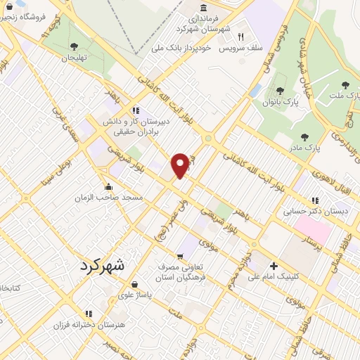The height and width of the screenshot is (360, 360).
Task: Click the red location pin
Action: click(x=181, y=165)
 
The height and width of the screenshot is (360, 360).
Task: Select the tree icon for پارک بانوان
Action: click(x=281, y=91)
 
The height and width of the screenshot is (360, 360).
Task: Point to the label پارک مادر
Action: click(x=304, y=148)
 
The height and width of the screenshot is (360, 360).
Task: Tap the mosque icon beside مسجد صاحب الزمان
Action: click(x=108, y=187)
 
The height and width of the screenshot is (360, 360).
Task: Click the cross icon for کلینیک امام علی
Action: click(x=274, y=266)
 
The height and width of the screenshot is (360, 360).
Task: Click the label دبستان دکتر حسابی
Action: click(x=307, y=210)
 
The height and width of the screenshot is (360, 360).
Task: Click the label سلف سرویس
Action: click(x=240, y=49)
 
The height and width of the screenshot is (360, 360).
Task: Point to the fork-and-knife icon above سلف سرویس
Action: click(x=240, y=37)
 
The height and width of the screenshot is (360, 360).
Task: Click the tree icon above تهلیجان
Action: click(x=74, y=46)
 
